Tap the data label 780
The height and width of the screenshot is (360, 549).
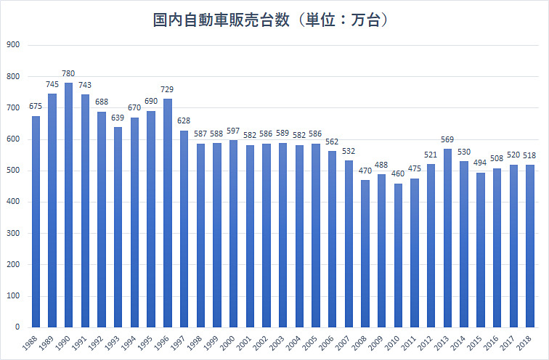click(x=68, y=74)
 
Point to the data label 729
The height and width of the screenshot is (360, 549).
click(x=168, y=90)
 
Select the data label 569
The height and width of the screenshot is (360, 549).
click(x=447, y=140)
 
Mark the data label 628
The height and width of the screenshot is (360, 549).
click(x=184, y=122)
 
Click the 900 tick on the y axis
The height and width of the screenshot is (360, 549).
click(x=13, y=45)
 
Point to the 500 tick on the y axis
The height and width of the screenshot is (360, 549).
click(x=13, y=171)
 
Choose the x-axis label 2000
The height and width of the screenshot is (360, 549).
click(x=230, y=343)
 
